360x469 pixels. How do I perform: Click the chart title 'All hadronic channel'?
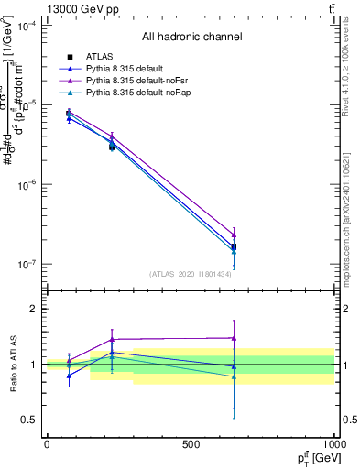(x=191, y=38)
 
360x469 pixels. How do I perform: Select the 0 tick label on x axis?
(x=47, y=444)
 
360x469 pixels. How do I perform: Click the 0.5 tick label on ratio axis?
(x=31, y=420)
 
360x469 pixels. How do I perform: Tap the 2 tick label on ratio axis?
(x=35, y=309)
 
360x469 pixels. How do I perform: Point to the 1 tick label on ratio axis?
(x=35, y=365)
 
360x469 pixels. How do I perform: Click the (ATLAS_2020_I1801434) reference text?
(x=191, y=274)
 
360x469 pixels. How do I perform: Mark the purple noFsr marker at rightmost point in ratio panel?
(x=234, y=338)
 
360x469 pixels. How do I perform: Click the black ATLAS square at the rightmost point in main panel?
(x=234, y=246)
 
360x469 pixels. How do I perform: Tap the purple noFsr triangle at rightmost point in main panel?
(x=234, y=235)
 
